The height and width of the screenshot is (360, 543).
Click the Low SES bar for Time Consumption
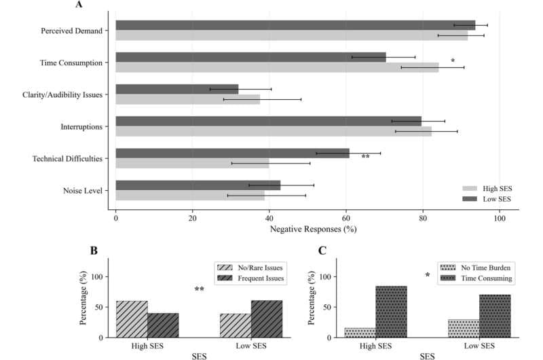[250, 57]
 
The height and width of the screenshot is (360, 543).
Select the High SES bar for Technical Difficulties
[192, 163]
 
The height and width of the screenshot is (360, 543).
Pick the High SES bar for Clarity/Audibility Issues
[187, 99]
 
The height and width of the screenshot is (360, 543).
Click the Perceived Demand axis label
[71, 31]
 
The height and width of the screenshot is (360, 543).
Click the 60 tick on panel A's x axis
[346, 219]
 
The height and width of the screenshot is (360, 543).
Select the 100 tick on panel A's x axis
[500, 219]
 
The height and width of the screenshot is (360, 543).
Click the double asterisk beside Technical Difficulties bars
[366, 157]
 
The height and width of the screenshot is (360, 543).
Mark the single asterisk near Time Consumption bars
[453, 61]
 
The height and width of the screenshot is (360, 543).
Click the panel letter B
[94, 251]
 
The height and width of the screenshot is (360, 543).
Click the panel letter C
[323, 251]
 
